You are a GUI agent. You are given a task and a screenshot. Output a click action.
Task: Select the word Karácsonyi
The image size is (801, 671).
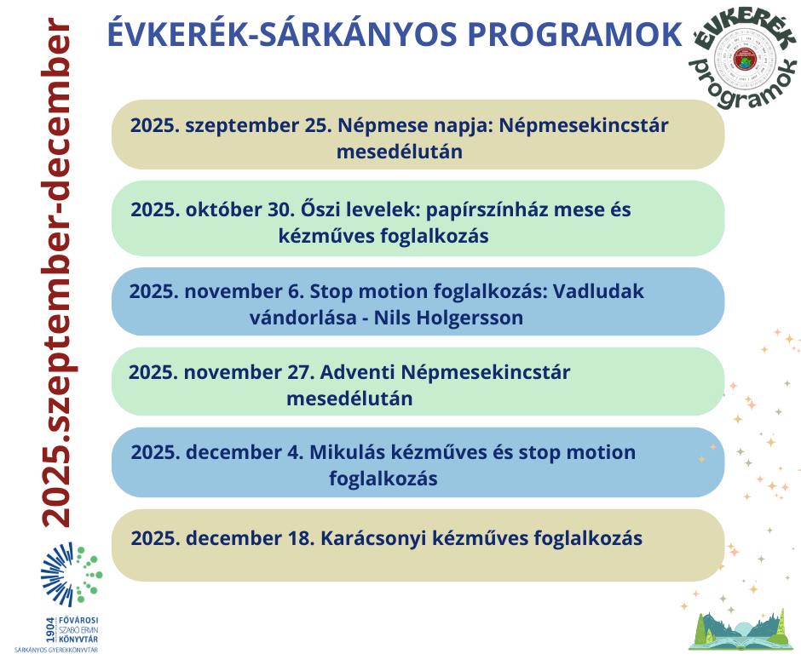(384, 538)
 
